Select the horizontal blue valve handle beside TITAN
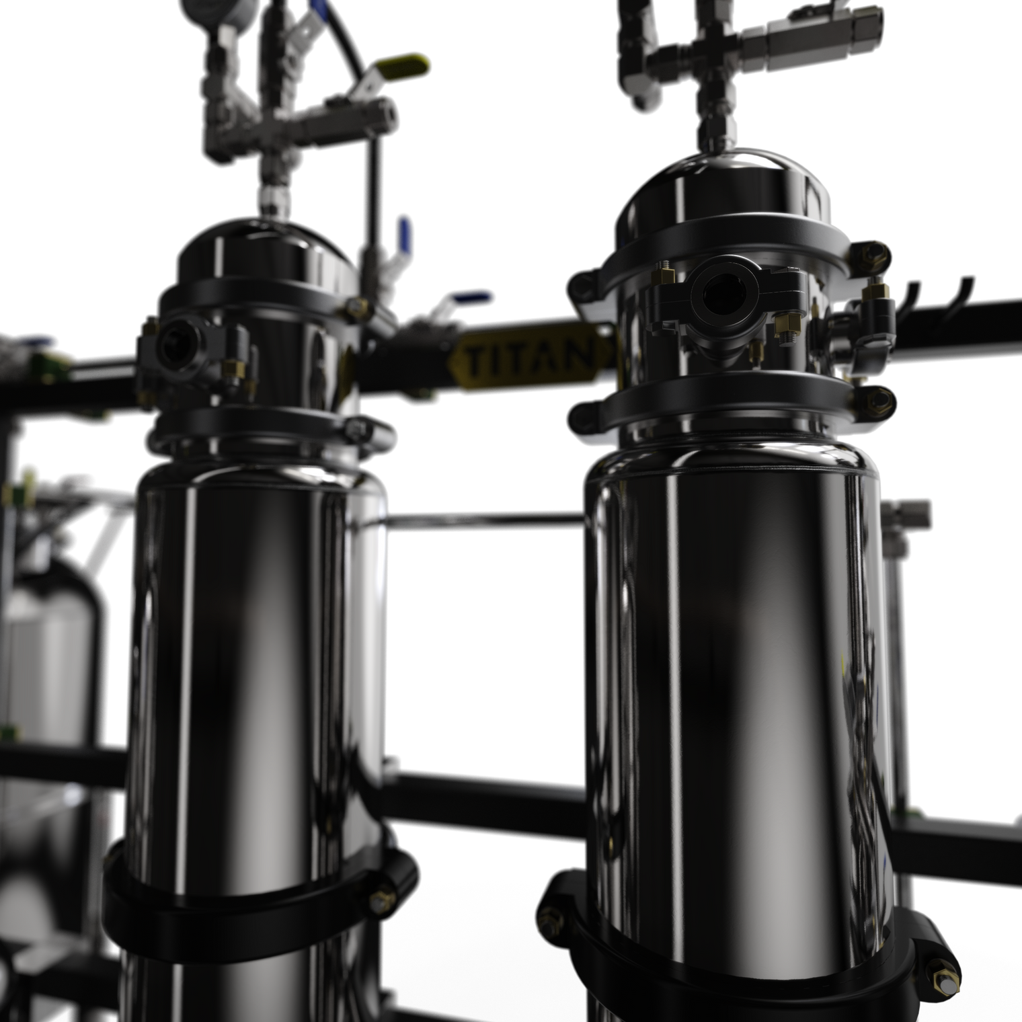point(471,298)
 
